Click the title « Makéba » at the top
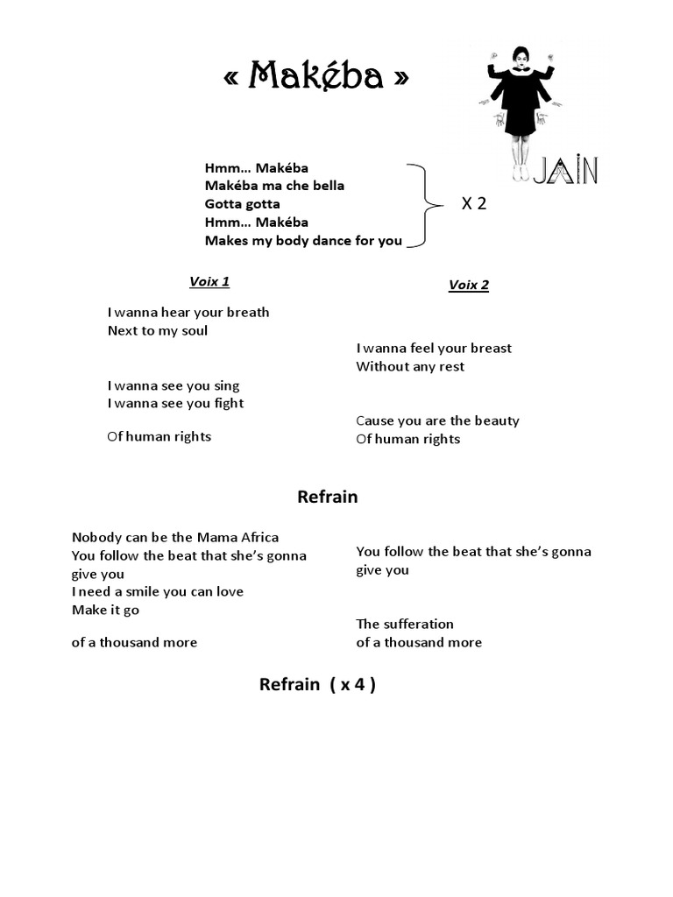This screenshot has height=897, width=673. pyautogui.click(x=315, y=79)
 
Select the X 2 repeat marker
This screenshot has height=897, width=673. pyautogui.click(x=474, y=204)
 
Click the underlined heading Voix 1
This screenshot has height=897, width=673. pyautogui.click(x=209, y=281)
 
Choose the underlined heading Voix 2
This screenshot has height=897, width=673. pyautogui.click(x=468, y=285)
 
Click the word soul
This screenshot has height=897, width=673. pyautogui.click(x=194, y=331)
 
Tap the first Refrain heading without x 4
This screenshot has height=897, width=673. pyautogui.click(x=328, y=497)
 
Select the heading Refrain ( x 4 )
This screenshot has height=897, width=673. pyautogui.click(x=317, y=684)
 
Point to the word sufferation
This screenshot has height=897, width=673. pyautogui.click(x=419, y=625)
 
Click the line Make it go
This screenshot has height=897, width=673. pyautogui.click(x=105, y=610)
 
